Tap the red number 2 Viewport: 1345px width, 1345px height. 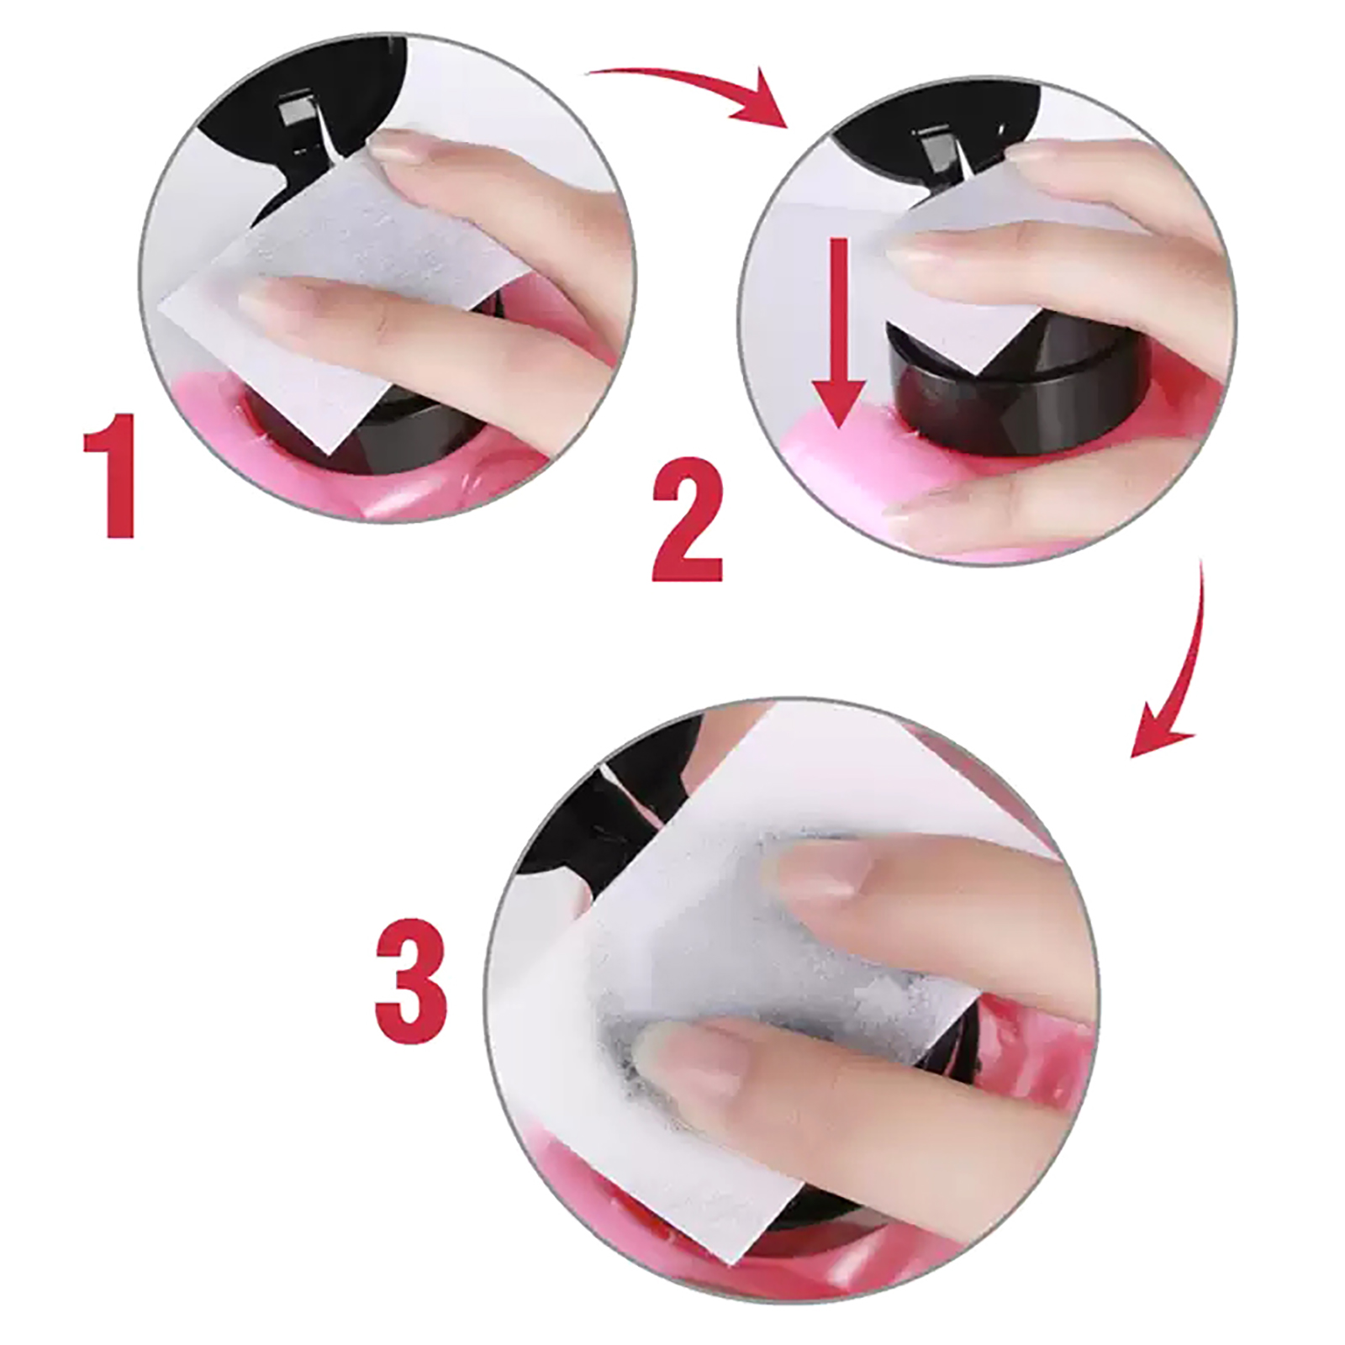coord(688,519)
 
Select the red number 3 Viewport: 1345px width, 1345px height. coord(411,981)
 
